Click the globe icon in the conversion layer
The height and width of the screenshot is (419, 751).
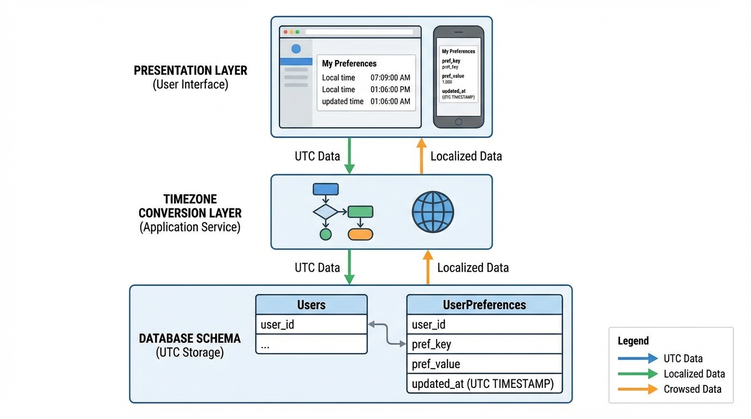tap(433, 212)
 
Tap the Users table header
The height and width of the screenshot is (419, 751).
tap(311, 305)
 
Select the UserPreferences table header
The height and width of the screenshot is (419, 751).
tap(484, 305)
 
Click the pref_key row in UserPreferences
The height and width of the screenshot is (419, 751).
tap(484, 344)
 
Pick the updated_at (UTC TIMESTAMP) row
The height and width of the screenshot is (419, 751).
tap(484, 384)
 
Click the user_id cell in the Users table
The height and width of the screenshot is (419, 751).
tap(311, 325)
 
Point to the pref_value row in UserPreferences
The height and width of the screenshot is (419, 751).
tap(484, 364)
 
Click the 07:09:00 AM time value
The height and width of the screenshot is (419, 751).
tap(390, 77)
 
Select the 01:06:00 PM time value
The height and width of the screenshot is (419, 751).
tap(390, 89)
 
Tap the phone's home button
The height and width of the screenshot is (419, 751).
tap(458, 122)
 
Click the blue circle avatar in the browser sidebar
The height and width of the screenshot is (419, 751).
tap(296, 49)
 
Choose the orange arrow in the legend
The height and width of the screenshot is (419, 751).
tap(637, 389)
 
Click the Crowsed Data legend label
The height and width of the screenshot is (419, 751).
tap(692, 389)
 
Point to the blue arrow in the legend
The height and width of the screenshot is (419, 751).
tap(637, 358)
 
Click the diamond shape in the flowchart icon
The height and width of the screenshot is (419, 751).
tap(325, 212)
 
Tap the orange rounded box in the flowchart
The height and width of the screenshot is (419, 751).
tap(360, 235)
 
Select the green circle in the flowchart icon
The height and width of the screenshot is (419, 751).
tap(325, 235)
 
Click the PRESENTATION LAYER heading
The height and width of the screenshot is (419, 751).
tap(190, 70)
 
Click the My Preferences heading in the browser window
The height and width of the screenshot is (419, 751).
tap(349, 63)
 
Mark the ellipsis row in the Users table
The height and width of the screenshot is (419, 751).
tap(311, 344)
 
